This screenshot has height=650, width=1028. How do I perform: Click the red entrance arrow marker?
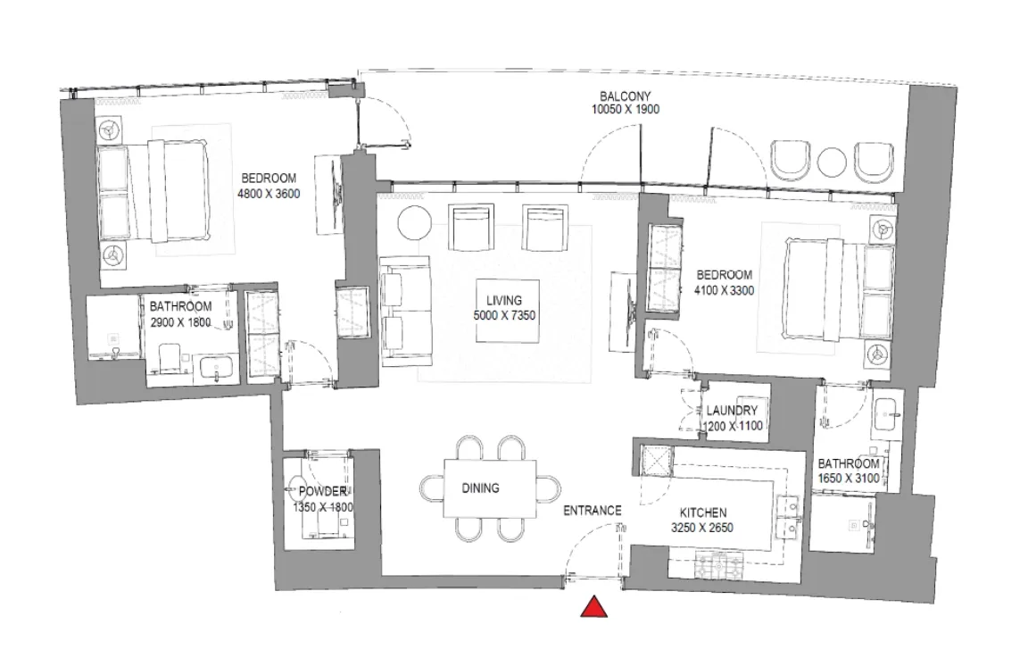coord(594,608)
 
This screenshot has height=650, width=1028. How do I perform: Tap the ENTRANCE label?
coord(592,511)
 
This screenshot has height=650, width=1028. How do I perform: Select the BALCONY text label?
coord(625,96)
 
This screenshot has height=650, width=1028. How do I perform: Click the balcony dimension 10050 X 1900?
coord(625,110)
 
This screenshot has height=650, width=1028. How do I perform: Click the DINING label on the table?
coord(480,488)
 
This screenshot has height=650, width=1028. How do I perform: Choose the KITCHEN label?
coord(703,512)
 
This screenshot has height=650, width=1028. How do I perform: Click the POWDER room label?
coord(322,492)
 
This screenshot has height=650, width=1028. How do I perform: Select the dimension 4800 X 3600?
coord(268,193)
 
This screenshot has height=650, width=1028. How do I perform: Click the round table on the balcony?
coord(832,162)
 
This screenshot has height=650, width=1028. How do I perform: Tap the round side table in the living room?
coord(413,222)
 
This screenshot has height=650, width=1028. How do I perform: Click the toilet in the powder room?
coord(297,488)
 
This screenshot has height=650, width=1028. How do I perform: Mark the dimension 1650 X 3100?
coord(849,479)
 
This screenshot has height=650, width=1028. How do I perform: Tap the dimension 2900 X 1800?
coord(180,322)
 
